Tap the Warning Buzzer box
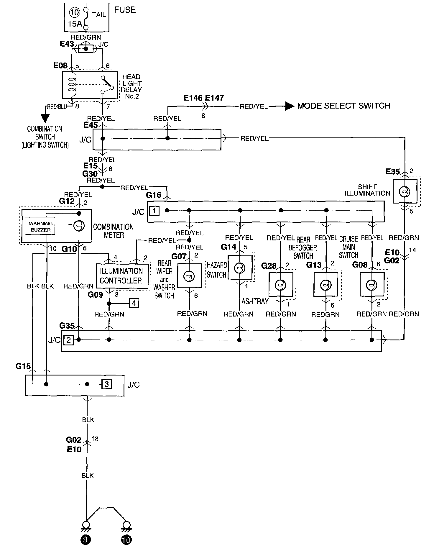pos(41,227)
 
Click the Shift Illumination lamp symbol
pos(405,192)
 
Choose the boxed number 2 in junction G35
pos(68,340)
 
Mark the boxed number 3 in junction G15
pos(107,384)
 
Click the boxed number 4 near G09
pos(134,303)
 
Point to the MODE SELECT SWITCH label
pos(344,106)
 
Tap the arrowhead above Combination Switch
pos(45,117)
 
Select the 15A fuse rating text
pos(75,24)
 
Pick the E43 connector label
pos(67,44)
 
